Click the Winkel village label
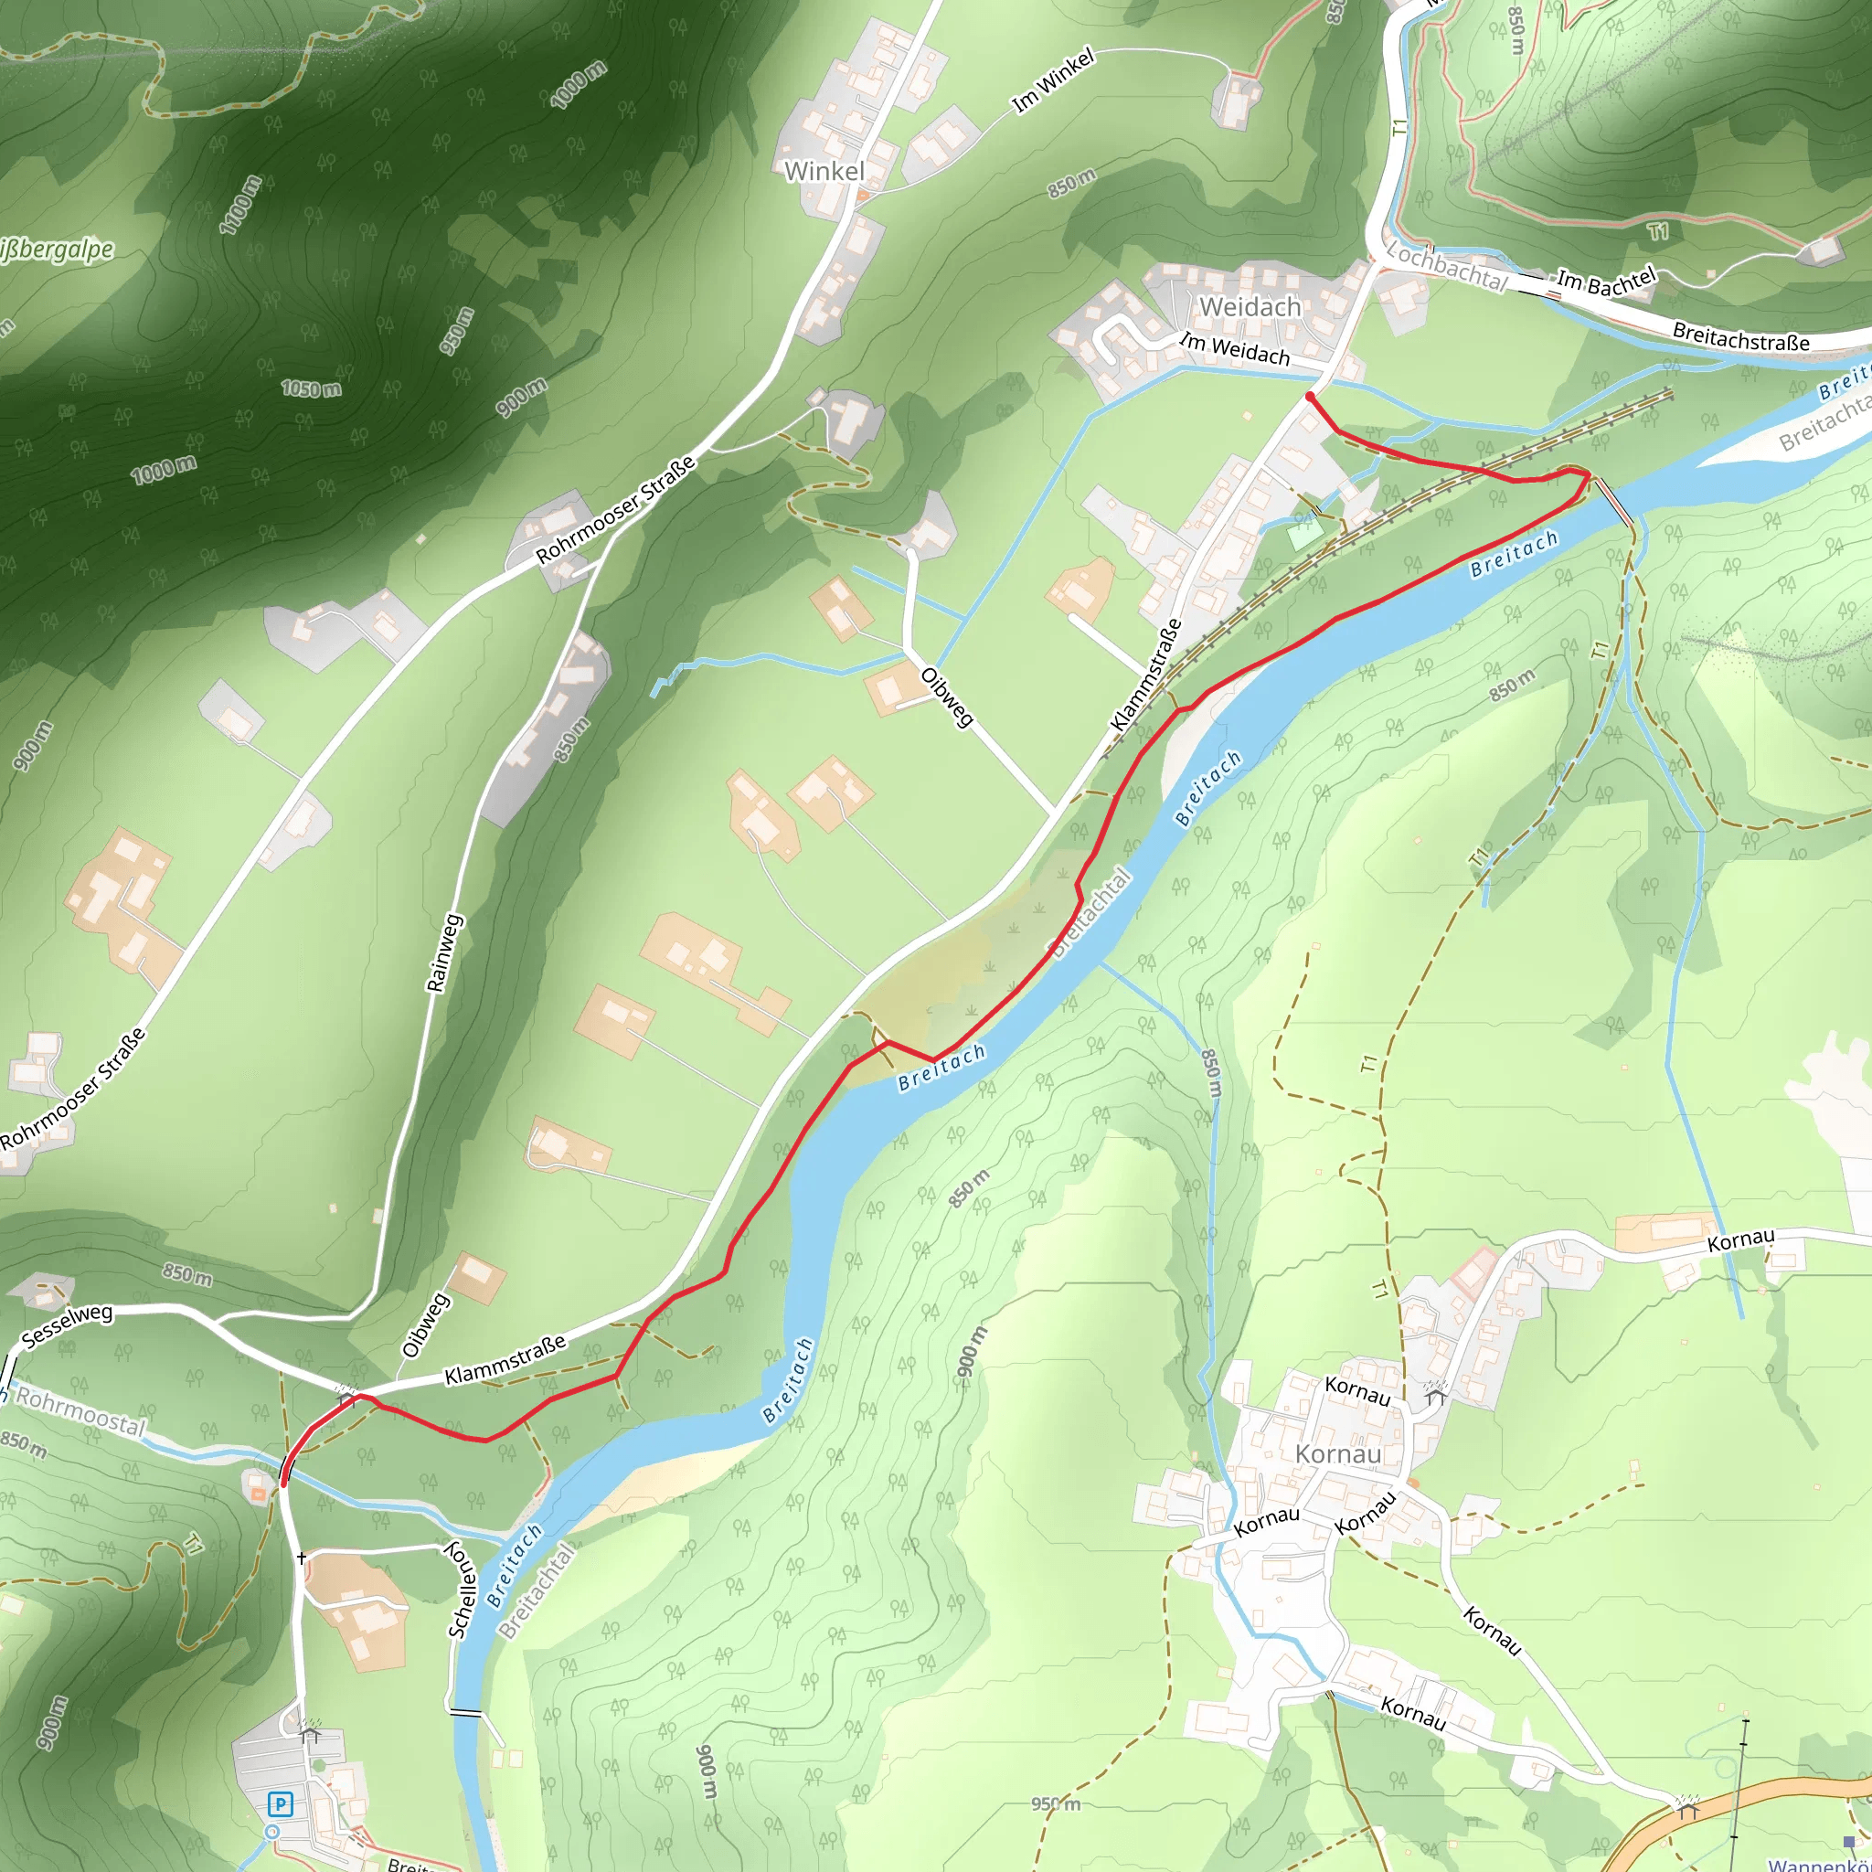pyautogui.click(x=824, y=172)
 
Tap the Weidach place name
pyautogui.click(x=1250, y=307)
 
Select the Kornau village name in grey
pyautogui.click(x=1338, y=1454)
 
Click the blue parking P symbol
pyautogui.click(x=280, y=1804)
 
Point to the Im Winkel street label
pyautogui.click(x=1052, y=80)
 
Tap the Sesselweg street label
pyautogui.click(x=67, y=1326)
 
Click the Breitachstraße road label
pyautogui.click(x=1741, y=336)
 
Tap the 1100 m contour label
pyautogui.click(x=240, y=205)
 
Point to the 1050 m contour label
pyautogui.click(x=311, y=388)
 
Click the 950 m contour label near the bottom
pyautogui.click(x=1055, y=1804)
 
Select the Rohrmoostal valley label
pyautogui.click(x=80, y=1413)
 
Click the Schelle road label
pyautogui.click(x=463, y=1589)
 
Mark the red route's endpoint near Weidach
pyautogui.click(x=1310, y=397)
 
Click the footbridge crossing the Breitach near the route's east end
pyautogui.click(x=1613, y=501)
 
